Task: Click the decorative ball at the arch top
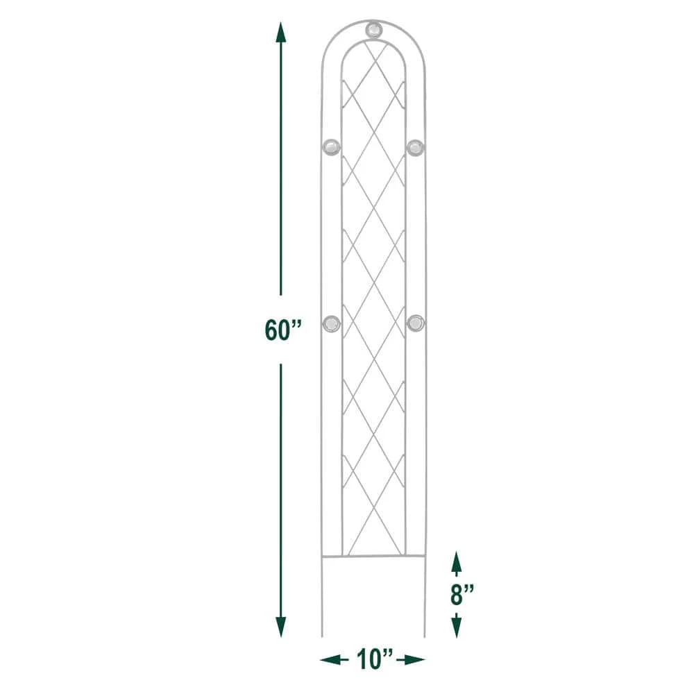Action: (373, 30)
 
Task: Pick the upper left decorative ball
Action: (332, 146)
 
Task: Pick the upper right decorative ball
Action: (415, 146)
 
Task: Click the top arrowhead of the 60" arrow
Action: (281, 32)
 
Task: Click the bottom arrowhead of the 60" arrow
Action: (281, 627)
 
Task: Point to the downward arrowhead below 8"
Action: (456, 628)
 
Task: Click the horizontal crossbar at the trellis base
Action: (373, 556)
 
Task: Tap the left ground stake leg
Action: (323, 597)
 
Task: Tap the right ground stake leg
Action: (424, 597)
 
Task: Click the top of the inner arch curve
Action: (373, 40)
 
